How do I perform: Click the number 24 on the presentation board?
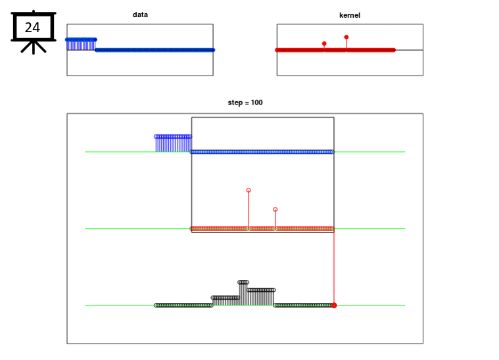point(32,28)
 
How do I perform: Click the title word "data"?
point(140,14)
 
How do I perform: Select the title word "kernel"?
point(350,15)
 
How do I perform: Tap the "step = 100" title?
point(245,102)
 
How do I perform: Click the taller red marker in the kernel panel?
point(346,37)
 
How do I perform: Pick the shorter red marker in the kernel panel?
point(324,43)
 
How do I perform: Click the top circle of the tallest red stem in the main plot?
point(249,190)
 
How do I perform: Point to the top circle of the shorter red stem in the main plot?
point(275,210)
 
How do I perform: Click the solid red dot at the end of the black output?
point(334,305)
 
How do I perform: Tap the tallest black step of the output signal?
point(243,293)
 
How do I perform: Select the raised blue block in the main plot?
point(173,144)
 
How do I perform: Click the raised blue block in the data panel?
point(81,45)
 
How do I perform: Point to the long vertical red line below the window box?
point(334,268)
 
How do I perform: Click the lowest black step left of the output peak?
point(226,301)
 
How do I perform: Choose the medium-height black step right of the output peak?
point(261,297)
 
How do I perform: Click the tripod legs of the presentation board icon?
point(34,47)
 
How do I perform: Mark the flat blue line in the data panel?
point(155,50)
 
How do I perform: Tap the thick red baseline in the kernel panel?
point(335,50)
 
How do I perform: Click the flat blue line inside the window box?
point(262,152)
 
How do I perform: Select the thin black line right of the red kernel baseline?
point(409,50)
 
